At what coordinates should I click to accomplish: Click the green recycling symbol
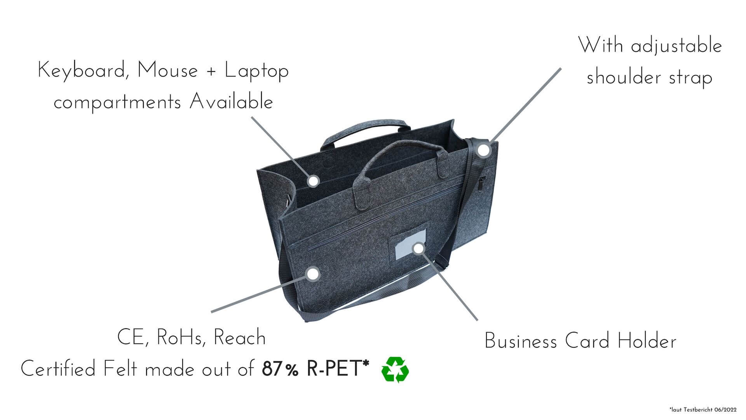click(395, 369)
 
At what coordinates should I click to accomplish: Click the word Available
click(231, 102)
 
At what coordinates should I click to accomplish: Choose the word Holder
click(647, 341)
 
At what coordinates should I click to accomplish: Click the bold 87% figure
click(280, 369)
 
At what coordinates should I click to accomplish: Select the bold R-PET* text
click(338, 368)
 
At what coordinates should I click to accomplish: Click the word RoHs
click(181, 338)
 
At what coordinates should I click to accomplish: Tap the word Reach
click(240, 338)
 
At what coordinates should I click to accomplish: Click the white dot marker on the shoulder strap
click(483, 150)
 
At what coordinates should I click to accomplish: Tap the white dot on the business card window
click(418, 248)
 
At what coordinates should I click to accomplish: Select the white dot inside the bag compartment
click(313, 181)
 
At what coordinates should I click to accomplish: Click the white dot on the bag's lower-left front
click(313, 274)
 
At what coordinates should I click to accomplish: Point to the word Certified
click(58, 368)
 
